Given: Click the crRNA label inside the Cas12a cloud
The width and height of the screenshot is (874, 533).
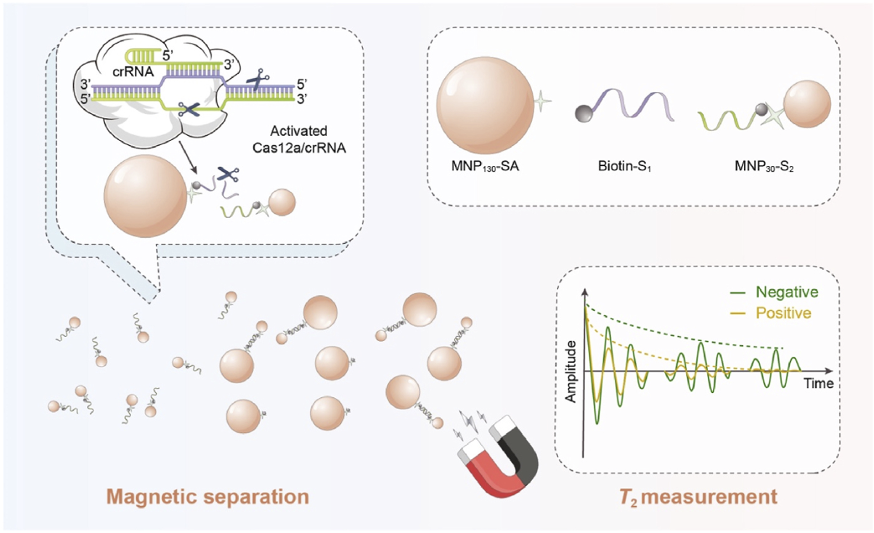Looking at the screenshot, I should (x=133, y=72).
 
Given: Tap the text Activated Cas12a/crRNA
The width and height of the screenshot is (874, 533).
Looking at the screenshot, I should (x=299, y=139).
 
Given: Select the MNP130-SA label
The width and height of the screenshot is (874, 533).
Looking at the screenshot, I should (x=485, y=166).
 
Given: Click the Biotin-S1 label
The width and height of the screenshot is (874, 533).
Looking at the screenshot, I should (x=624, y=166).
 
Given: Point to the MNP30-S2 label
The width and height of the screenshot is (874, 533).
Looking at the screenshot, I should (x=764, y=166).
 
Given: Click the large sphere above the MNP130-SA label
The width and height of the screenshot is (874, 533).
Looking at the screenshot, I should (x=485, y=105).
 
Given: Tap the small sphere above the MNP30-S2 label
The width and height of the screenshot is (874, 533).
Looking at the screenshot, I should (x=807, y=104).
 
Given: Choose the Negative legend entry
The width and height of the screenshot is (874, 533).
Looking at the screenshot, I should (x=786, y=292).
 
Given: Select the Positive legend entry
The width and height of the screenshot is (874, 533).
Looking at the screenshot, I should (x=783, y=313).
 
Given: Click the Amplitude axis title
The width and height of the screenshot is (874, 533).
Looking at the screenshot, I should (x=571, y=372).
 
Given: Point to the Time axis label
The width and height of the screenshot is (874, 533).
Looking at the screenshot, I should (x=818, y=383).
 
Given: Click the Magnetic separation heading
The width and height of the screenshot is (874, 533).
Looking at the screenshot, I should (x=208, y=496).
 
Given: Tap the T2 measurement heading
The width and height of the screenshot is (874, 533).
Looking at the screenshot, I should (x=698, y=497).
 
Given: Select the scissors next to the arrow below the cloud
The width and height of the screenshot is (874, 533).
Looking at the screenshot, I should (x=227, y=174).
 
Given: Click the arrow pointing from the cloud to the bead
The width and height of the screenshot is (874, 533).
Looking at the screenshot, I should (x=189, y=157).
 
